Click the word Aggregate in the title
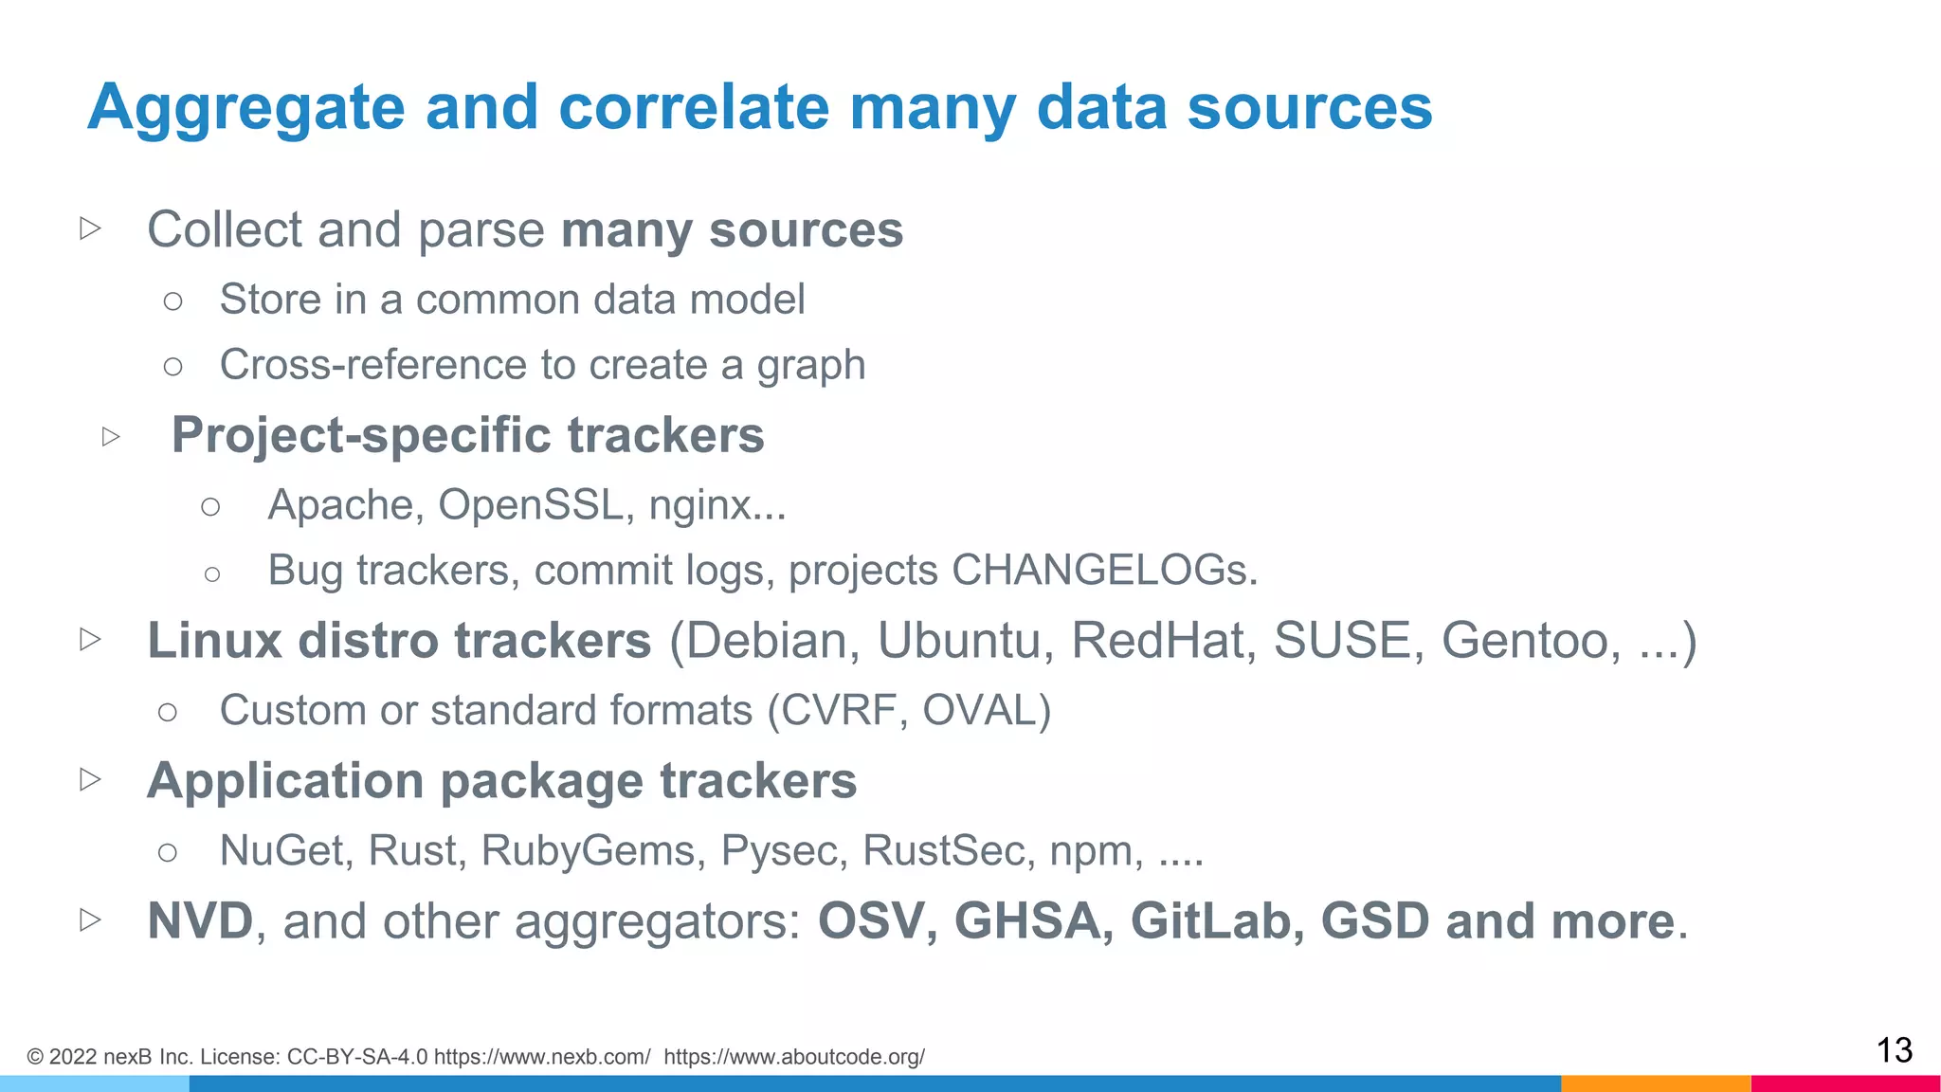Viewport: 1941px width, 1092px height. [x=245, y=108]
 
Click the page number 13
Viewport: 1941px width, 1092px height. [x=1894, y=1050]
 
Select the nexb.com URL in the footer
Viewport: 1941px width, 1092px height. [x=542, y=1057]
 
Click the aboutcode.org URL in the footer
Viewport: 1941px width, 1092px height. [x=794, y=1057]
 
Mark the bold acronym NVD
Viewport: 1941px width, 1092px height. [x=200, y=921]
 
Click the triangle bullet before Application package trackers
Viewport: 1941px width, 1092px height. [x=91, y=780]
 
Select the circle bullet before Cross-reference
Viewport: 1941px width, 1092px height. [x=172, y=366]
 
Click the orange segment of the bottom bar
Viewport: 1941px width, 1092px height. [x=1655, y=1083]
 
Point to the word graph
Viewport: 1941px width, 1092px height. [x=810, y=366]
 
